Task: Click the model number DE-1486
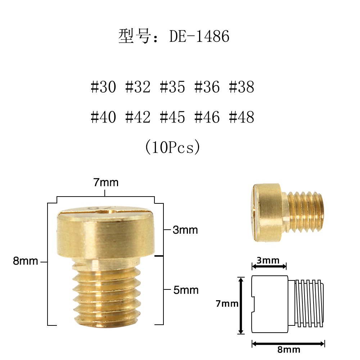[199, 37]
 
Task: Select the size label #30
[103, 87]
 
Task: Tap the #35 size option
[172, 87]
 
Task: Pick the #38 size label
[242, 87]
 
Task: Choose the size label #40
[103, 117]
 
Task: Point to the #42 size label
[138, 117]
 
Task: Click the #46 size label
[207, 117]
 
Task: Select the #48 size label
[242, 117]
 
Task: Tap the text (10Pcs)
[172, 148]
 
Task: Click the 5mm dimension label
[186, 290]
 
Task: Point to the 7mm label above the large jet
[106, 183]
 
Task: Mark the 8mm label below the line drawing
[289, 349]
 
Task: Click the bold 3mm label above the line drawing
[269, 260]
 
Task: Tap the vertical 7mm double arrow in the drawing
[241, 305]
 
